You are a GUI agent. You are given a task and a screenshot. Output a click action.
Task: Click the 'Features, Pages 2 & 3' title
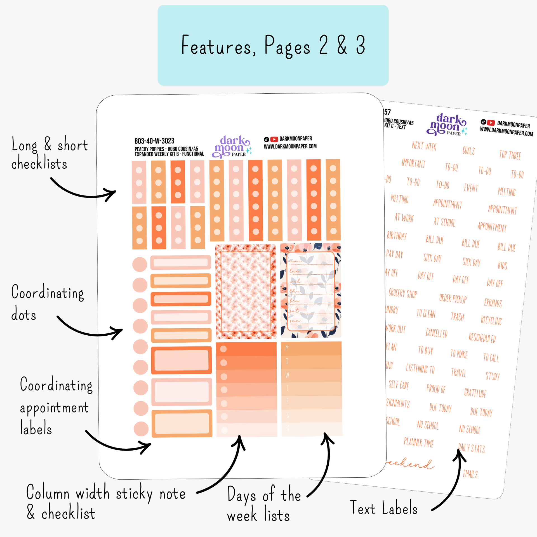pyautogui.click(x=273, y=45)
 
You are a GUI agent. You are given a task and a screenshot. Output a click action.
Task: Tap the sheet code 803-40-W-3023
pyautogui.click(x=154, y=141)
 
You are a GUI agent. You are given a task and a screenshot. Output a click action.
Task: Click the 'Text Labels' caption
pyautogui.click(x=383, y=508)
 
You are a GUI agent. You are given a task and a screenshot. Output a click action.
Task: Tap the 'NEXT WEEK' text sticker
pyautogui.click(x=424, y=146)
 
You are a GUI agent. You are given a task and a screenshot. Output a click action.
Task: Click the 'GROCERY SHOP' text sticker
pyautogui.click(x=403, y=293)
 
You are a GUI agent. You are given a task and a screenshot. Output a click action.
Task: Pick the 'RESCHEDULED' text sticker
pyautogui.click(x=482, y=338)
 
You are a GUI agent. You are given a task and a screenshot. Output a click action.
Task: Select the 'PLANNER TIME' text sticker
pyautogui.click(x=418, y=442)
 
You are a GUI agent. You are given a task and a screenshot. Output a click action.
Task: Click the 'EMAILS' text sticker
pyautogui.click(x=470, y=474)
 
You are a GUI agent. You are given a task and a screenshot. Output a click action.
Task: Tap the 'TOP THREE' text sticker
pyautogui.click(x=510, y=155)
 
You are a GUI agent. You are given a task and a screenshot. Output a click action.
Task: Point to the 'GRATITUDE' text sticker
pyautogui.click(x=475, y=393)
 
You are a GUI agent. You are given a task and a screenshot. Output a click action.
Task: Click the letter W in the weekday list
pyautogui.click(x=287, y=375)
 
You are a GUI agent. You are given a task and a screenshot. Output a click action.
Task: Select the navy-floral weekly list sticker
pyautogui.click(x=311, y=291)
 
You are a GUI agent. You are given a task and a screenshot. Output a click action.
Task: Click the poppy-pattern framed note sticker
pyautogui.click(x=246, y=291)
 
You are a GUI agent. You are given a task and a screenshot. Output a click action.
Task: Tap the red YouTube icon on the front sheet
pyautogui.click(x=274, y=139)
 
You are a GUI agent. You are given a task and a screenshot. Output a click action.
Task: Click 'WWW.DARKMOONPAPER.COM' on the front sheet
pyautogui.click(x=290, y=146)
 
